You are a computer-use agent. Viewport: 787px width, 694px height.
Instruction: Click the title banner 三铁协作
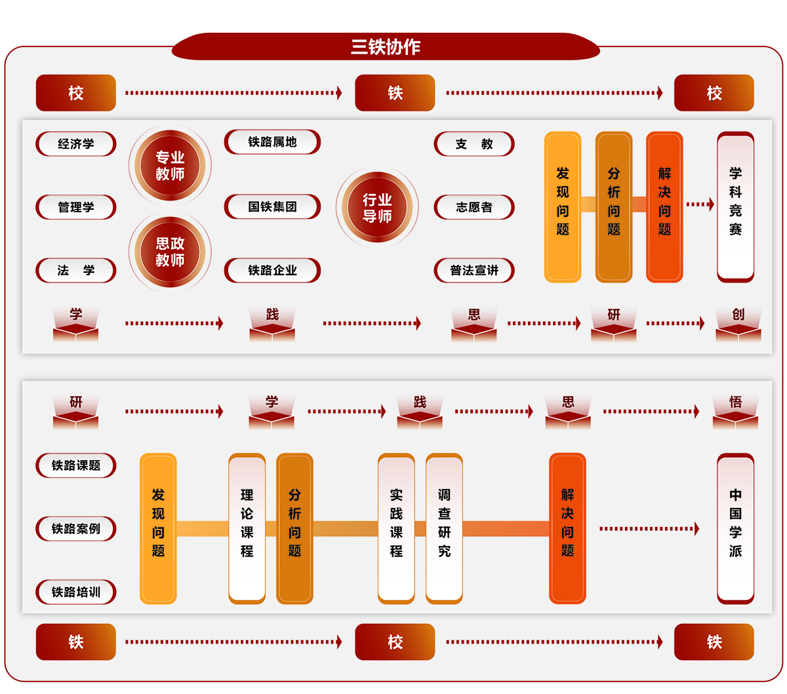coord(386,47)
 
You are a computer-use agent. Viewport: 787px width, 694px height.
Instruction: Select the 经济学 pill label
coord(76,144)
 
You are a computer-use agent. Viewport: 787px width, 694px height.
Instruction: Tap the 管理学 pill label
coord(76,207)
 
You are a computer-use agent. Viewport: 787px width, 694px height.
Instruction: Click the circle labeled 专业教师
coord(170,166)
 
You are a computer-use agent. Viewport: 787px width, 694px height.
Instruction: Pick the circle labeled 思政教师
coord(170,252)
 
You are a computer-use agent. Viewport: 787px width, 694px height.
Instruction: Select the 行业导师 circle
coord(377,208)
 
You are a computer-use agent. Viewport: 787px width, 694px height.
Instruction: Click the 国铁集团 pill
coord(272,207)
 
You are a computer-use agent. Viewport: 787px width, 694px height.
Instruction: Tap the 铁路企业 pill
coord(272,270)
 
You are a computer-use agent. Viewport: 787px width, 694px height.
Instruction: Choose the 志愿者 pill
coord(474,207)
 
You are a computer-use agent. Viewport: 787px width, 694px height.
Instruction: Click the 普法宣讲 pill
coord(474,270)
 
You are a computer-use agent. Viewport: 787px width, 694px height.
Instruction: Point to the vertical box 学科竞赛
coord(735,206)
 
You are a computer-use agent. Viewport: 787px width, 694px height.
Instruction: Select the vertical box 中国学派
coord(735,528)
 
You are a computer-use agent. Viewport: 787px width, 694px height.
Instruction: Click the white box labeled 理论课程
coord(247,528)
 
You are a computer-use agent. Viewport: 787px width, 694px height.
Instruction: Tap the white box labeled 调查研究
coord(444,528)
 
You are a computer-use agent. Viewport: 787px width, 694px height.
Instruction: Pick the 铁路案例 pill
coord(76,529)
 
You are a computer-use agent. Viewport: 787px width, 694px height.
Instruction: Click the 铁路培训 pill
coord(76,592)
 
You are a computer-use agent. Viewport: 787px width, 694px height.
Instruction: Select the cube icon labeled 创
coord(738,325)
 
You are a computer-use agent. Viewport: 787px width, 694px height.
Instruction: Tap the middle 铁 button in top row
coord(395,93)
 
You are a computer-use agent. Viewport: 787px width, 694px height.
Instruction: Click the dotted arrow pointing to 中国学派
coord(649,529)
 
